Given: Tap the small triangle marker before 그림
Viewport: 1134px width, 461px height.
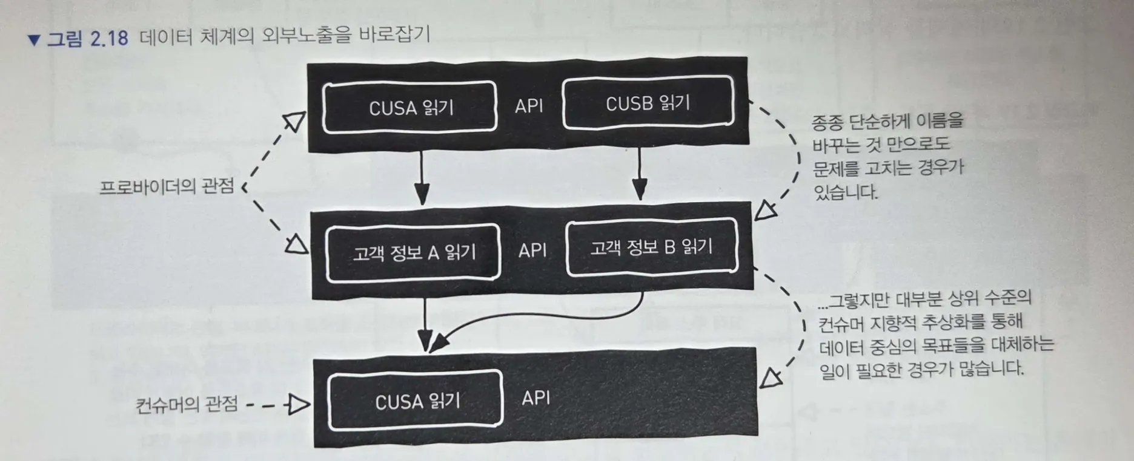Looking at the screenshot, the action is click(x=34, y=41).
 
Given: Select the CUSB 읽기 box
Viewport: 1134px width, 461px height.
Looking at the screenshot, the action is click(x=648, y=103).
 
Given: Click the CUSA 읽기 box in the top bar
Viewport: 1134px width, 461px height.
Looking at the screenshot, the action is click(x=410, y=107).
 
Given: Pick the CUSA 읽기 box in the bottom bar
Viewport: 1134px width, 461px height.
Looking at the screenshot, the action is click(x=416, y=401).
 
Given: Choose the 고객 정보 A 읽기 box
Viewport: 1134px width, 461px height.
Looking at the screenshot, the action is click(x=414, y=252).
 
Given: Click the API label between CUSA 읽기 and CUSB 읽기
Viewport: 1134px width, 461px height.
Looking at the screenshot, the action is click(x=529, y=106).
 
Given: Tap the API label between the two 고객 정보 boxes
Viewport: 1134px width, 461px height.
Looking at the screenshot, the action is click(x=532, y=250).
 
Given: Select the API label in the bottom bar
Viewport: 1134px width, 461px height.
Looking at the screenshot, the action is click(x=536, y=397).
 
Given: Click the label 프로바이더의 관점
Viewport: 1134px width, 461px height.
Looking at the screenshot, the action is click(x=167, y=186).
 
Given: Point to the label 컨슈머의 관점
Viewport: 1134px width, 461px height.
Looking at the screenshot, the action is click(x=187, y=404).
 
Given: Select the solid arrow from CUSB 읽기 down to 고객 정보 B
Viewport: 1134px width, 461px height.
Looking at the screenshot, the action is click(x=640, y=174).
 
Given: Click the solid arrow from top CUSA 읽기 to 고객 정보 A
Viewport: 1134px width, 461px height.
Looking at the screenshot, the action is click(x=422, y=178).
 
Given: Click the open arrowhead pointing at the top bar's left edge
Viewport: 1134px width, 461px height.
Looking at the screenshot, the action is click(x=294, y=121).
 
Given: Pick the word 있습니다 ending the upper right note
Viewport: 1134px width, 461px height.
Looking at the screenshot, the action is click(x=846, y=192).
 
